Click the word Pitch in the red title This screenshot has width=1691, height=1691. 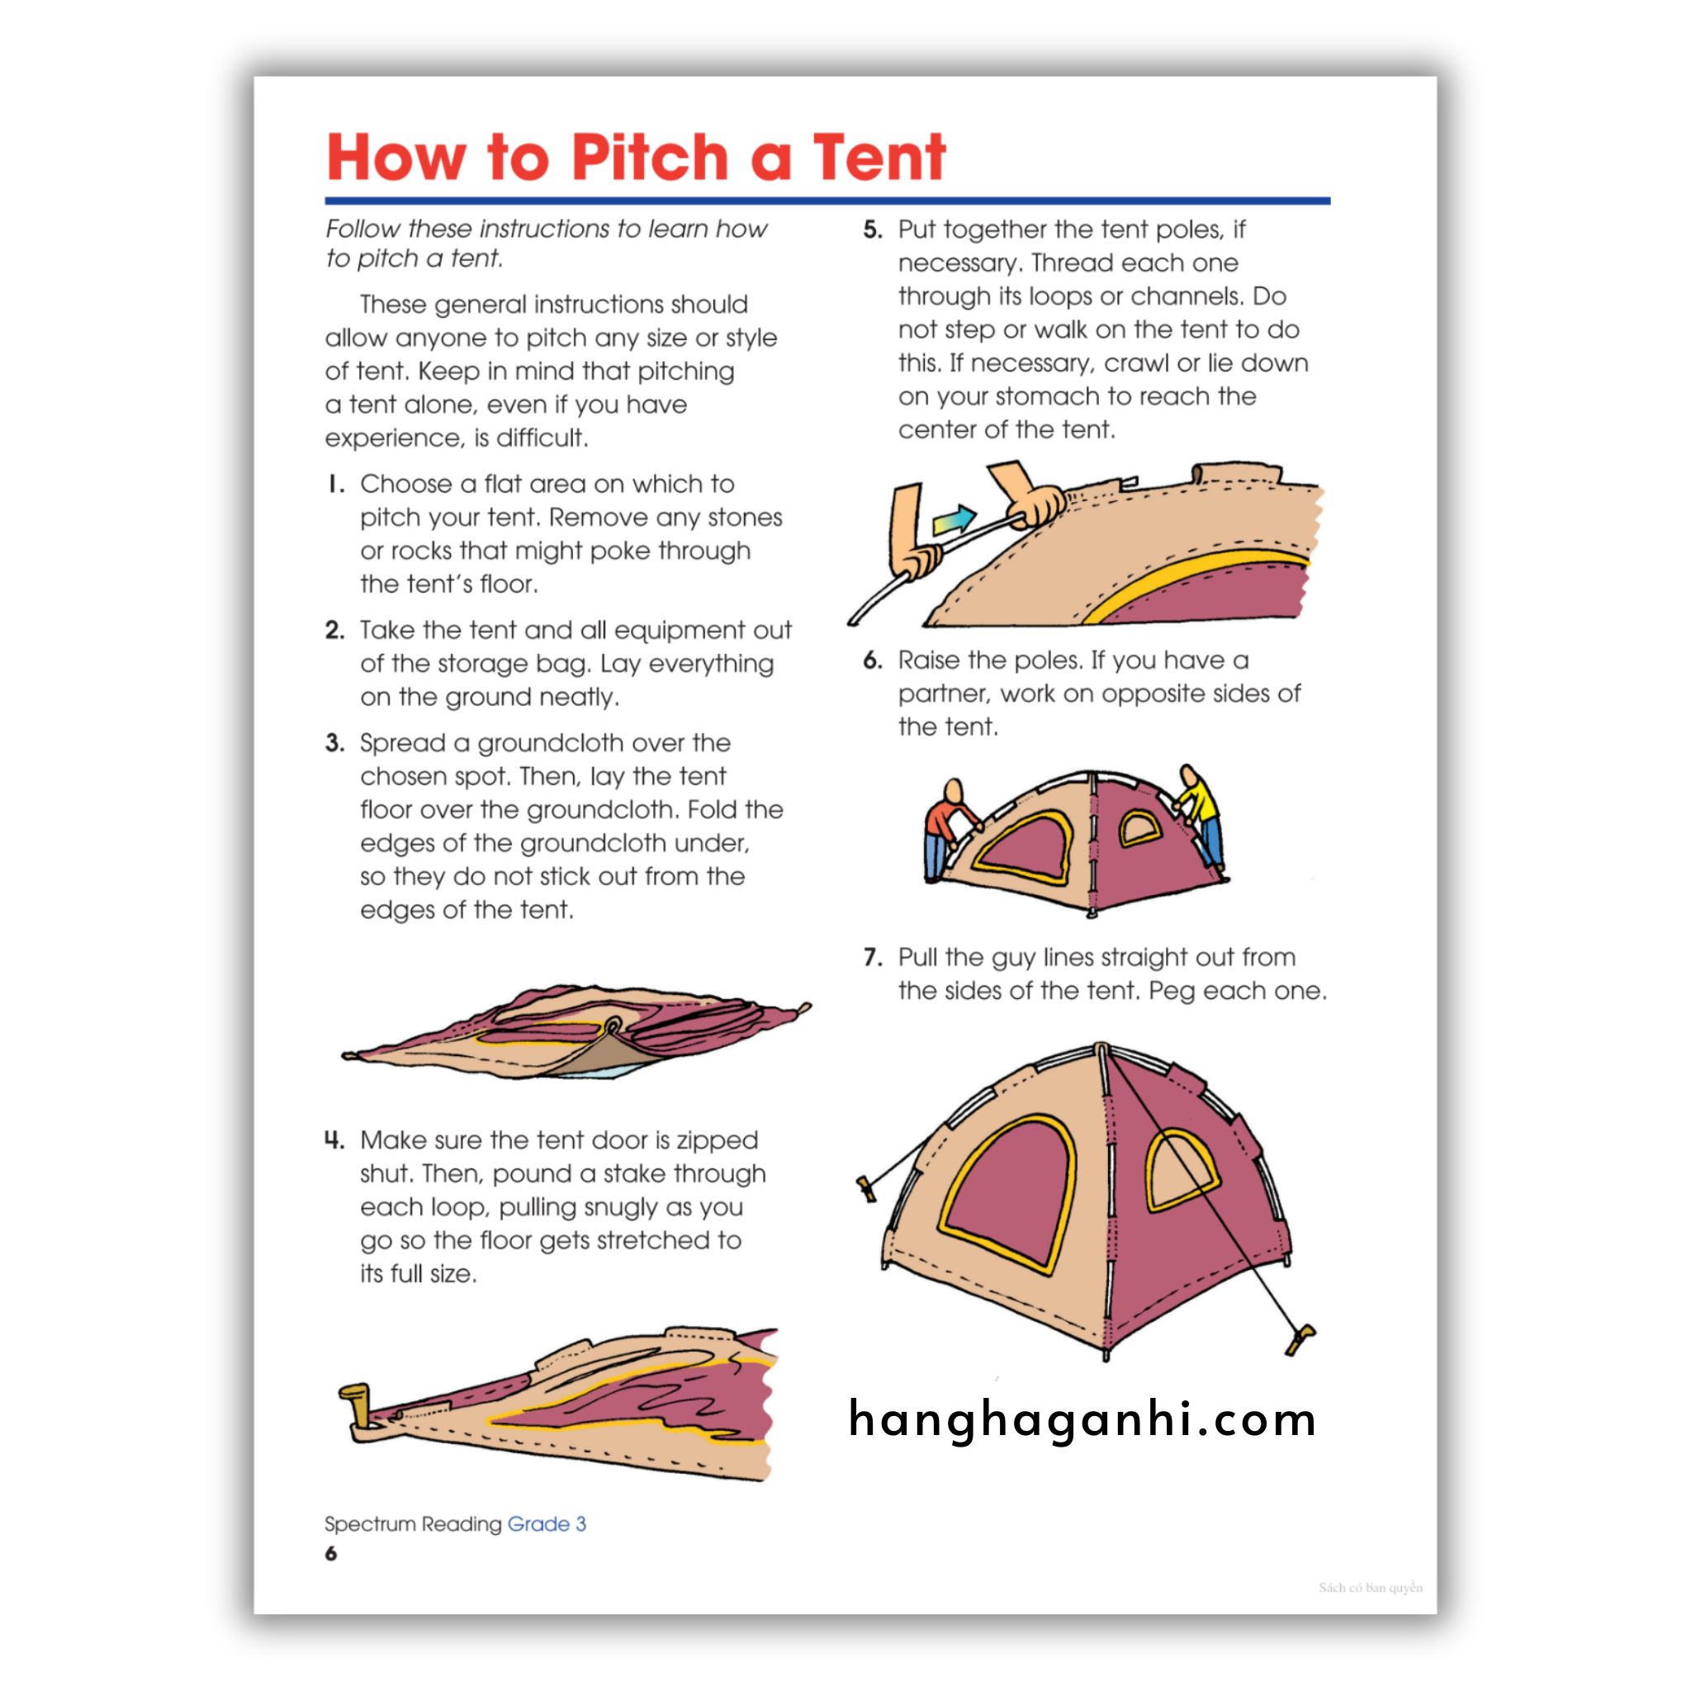(x=650, y=158)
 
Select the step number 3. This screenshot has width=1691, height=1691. (x=334, y=743)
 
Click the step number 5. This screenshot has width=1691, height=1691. (x=872, y=230)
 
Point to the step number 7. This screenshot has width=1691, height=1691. (x=872, y=958)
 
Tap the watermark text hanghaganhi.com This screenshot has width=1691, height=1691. (x=1082, y=1419)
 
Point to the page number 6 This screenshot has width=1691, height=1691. (x=331, y=1554)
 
